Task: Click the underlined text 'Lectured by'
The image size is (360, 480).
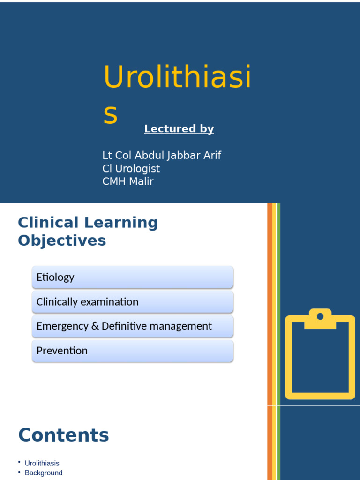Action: [x=179, y=129]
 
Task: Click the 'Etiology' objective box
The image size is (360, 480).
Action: [x=132, y=277]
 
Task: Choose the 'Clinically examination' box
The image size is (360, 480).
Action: [x=132, y=302]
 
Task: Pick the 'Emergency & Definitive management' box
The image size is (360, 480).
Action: [x=132, y=326]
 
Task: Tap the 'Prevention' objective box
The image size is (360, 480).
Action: [x=132, y=351]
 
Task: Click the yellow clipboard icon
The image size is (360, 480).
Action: [x=320, y=356]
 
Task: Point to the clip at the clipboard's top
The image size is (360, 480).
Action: [x=320, y=318]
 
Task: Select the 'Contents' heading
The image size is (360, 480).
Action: [x=63, y=435]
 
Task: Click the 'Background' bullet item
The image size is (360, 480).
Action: [x=44, y=473]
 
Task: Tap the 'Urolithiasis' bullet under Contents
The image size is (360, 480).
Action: [x=42, y=463]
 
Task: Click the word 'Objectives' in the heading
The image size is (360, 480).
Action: [x=62, y=240]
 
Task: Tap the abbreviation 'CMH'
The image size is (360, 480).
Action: [x=114, y=181]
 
